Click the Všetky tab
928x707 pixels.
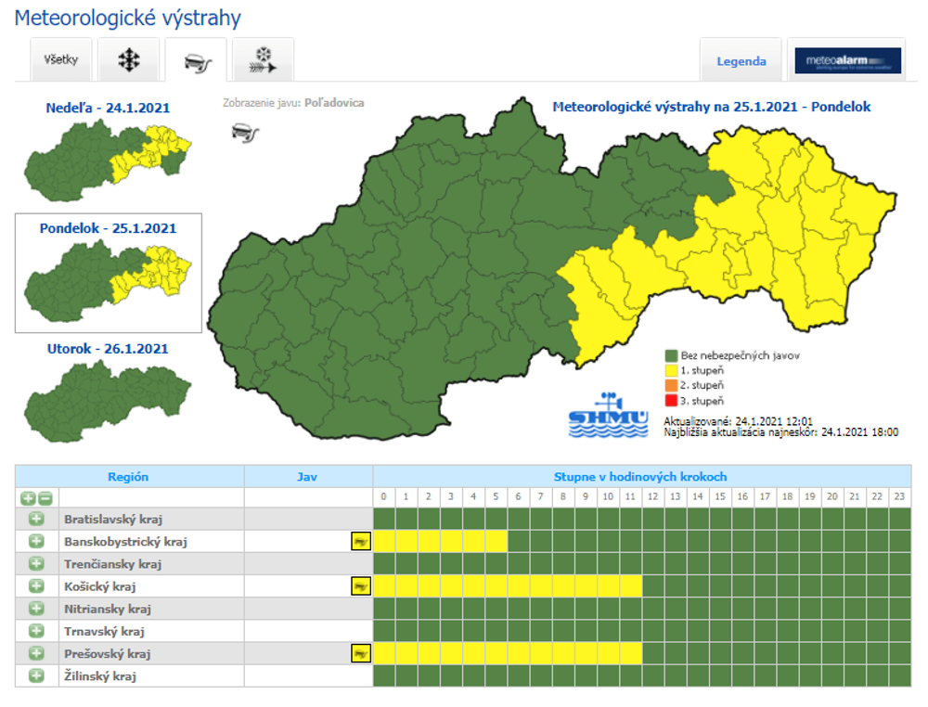(x=61, y=60)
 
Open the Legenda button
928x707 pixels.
(x=741, y=61)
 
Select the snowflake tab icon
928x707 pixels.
(x=129, y=61)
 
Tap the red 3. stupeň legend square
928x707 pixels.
(x=670, y=401)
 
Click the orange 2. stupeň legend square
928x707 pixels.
(x=670, y=385)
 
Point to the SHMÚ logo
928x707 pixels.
(x=609, y=415)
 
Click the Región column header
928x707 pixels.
(x=128, y=477)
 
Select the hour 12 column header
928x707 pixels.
(x=653, y=497)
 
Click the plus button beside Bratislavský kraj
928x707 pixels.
(x=36, y=519)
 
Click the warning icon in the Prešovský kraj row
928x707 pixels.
(x=360, y=654)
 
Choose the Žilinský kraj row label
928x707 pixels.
(x=100, y=676)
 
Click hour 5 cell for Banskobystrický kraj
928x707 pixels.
(x=496, y=541)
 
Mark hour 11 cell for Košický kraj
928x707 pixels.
(x=631, y=586)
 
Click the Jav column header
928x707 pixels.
(x=307, y=477)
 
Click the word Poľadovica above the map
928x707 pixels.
(x=334, y=103)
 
